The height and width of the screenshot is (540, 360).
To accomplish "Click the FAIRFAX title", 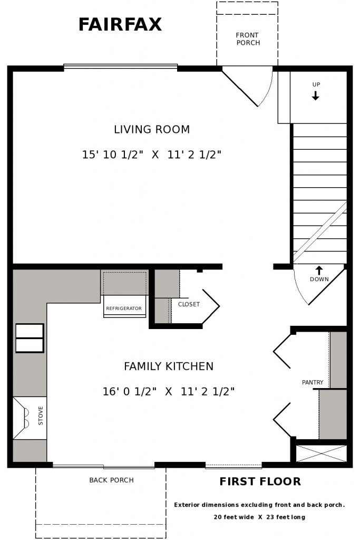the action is pyautogui.click(x=120, y=24).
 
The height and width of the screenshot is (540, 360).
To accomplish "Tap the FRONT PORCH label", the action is pyautogui.click(x=248, y=39).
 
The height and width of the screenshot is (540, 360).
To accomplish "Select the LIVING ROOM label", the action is pyautogui.click(x=152, y=130).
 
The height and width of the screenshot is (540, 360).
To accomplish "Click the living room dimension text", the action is pyautogui.click(x=151, y=155).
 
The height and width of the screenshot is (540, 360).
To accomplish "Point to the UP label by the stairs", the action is pyautogui.click(x=316, y=84).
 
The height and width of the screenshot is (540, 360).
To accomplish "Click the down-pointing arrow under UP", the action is pyautogui.click(x=315, y=95).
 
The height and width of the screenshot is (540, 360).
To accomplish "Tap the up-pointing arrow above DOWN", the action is pyautogui.click(x=319, y=271).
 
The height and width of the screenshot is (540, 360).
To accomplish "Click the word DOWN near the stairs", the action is pyautogui.click(x=319, y=279).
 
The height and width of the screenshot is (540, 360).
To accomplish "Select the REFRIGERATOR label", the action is pyautogui.click(x=124, y=308).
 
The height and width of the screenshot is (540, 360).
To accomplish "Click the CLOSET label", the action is pyautogui.click(x=189, y=304).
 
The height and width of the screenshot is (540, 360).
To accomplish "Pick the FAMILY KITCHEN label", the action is pyautogui.click(x=169, y=366).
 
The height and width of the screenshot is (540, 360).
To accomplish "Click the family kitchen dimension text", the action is pyautogui.click(x=169, y=392).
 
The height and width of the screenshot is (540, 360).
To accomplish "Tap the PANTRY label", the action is pyautogui.click(x=313, y=382).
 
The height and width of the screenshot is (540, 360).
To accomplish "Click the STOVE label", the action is pyautogui.click(x=41, y=416).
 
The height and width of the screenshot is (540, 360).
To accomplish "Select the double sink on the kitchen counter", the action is pyautogui.click(x=30, y=338).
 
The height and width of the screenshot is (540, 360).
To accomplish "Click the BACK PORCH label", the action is pyautogui.click(x=111, y=480).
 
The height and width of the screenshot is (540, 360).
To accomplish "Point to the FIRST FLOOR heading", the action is pyautogui.click(x=260, y=481).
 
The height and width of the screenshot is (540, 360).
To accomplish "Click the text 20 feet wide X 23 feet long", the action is pyautogui.click(x=259, y=517).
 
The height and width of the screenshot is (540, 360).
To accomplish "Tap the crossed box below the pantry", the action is pyautogui.click(x=322, y=453).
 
